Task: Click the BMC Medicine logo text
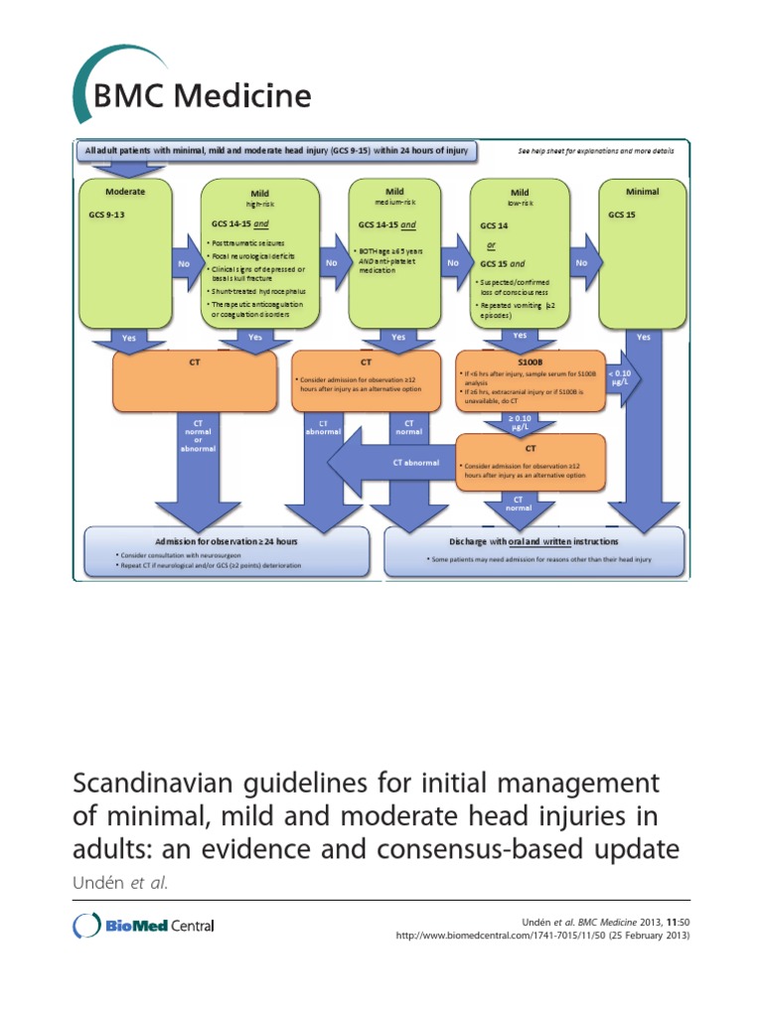202,96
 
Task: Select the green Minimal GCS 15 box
643,253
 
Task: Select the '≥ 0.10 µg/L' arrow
520,421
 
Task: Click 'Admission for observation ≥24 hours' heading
211,542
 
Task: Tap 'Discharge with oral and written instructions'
534,542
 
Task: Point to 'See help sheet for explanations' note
596,152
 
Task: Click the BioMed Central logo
144,926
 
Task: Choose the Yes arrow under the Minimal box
643,338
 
